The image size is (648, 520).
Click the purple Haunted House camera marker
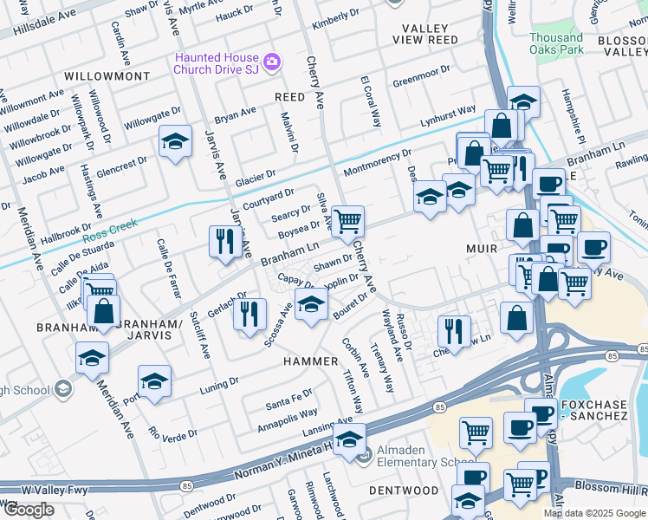(x=271, y=62)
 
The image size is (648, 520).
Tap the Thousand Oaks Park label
(x=555, y=44)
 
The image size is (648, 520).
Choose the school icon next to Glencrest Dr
(x=175, y=141)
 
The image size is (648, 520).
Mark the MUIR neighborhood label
(x=477, y=231)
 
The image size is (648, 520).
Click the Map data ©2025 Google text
(x=594, y=513)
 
